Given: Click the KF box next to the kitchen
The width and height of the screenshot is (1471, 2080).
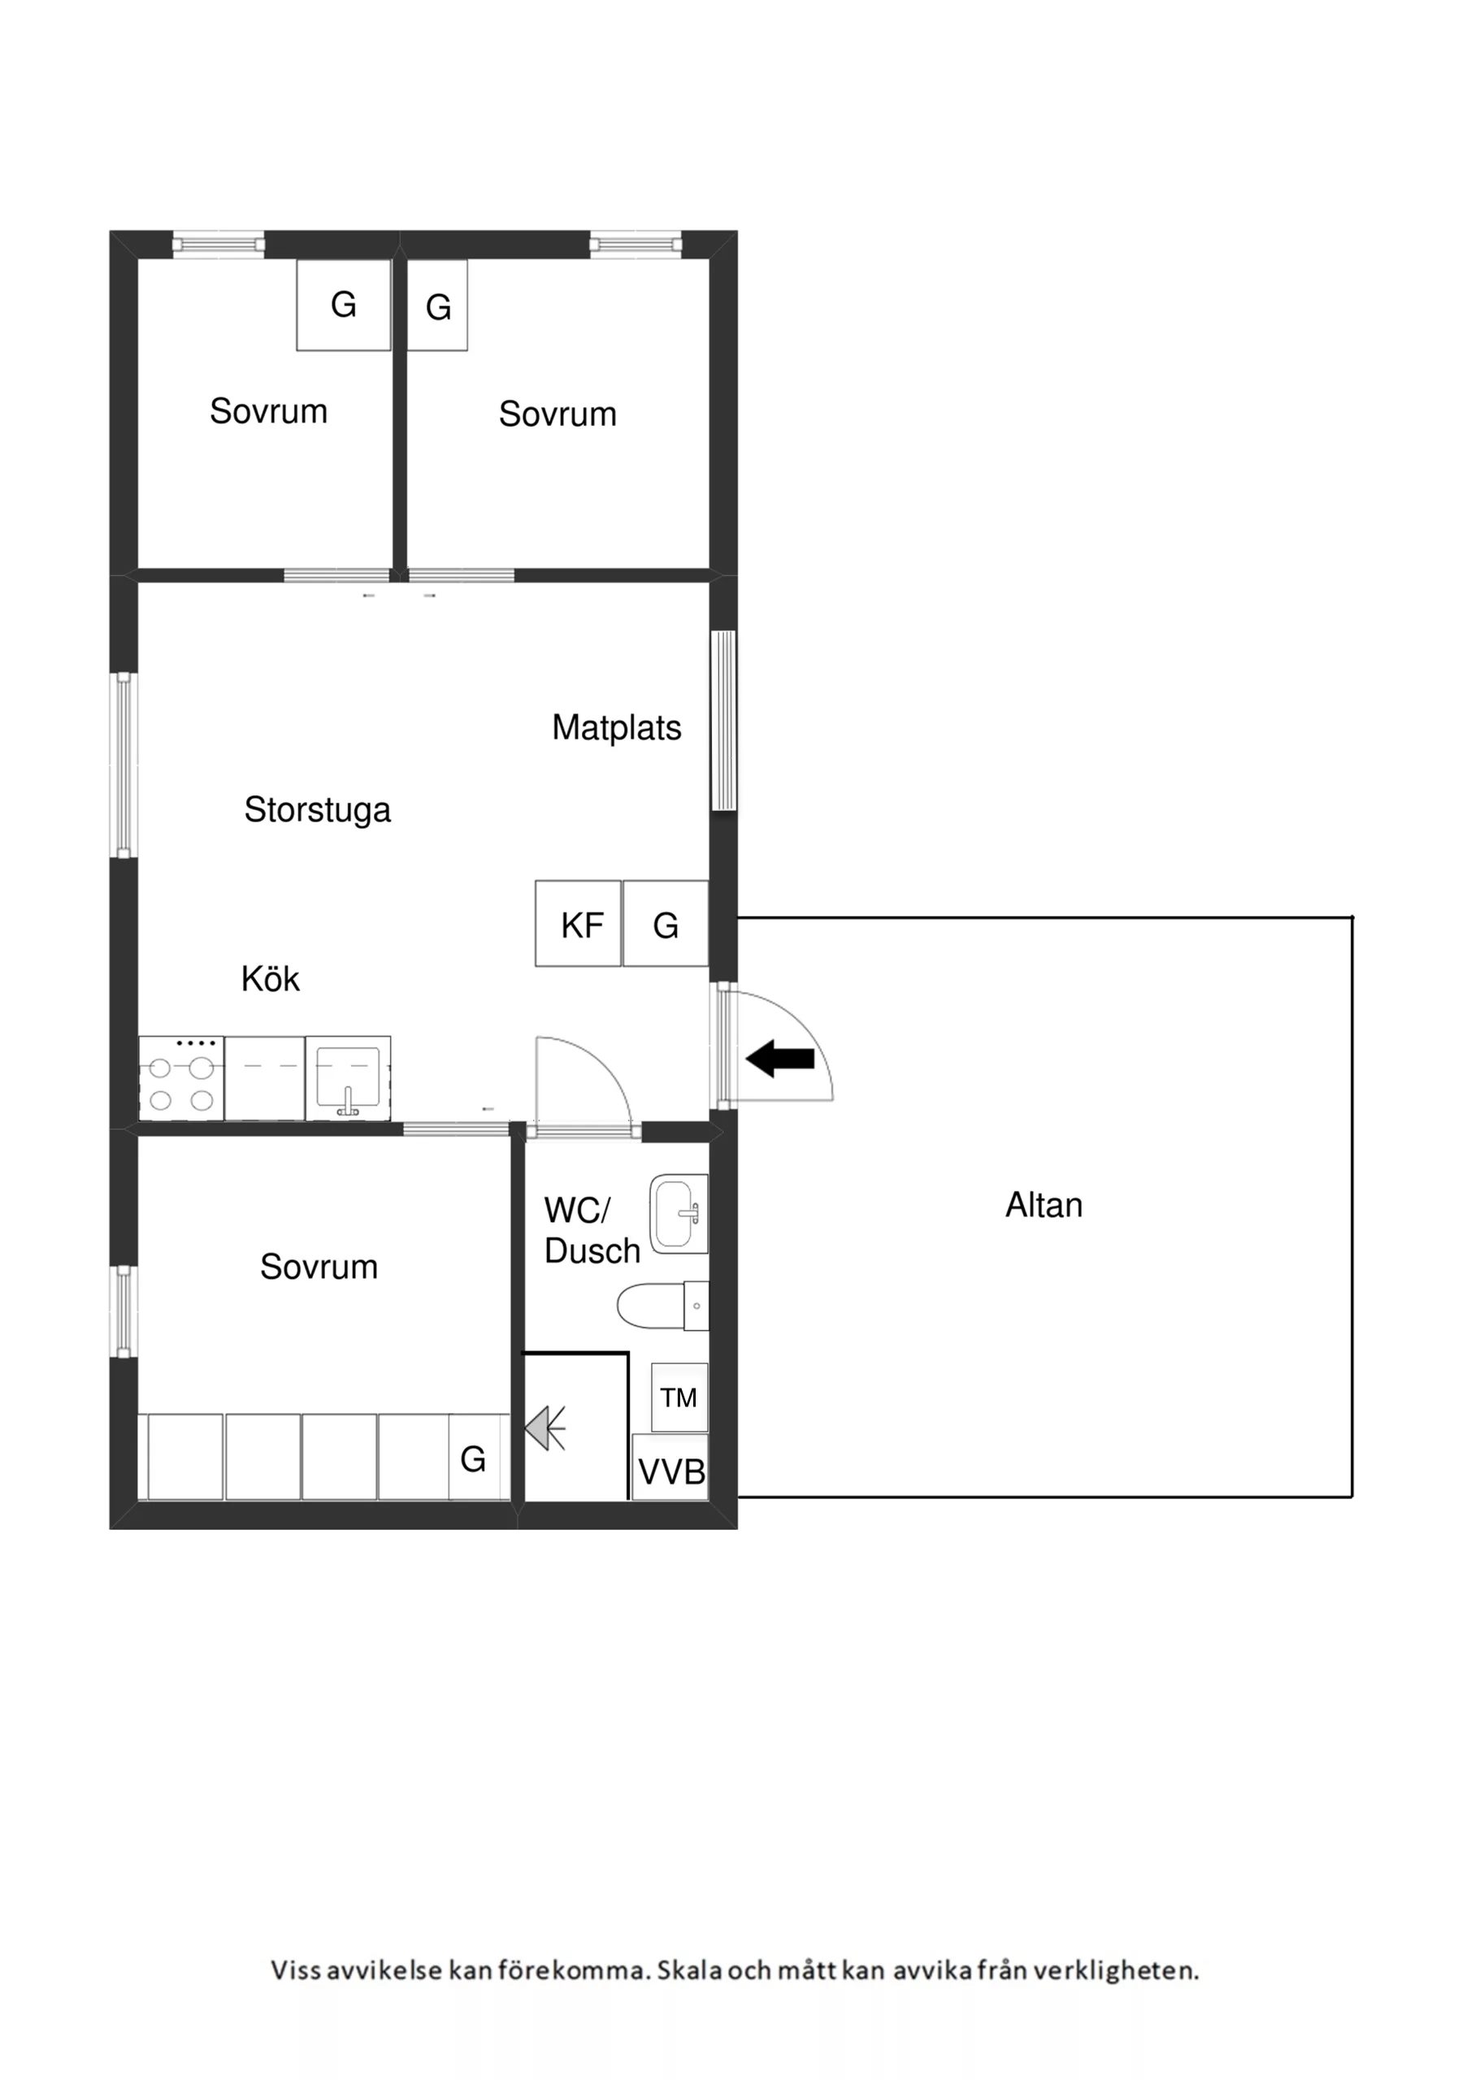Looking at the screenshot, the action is [579, 923].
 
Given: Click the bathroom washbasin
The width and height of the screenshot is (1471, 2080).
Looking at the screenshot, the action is [679, 1214].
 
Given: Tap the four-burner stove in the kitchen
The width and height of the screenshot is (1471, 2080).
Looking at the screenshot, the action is [181, 1079].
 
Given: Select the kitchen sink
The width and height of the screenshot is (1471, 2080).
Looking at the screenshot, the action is [348, 1079].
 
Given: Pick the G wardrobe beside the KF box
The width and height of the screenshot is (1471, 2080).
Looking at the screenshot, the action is [666, 923].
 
